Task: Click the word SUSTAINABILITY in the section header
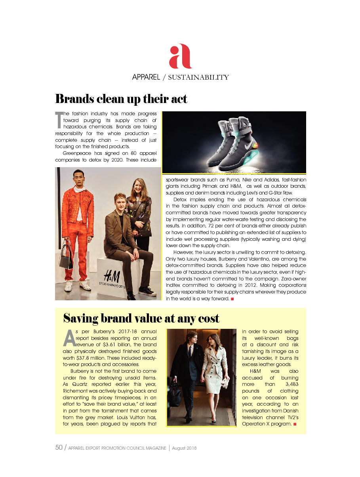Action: pos(198,78)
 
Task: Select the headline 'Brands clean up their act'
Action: pos(121,99)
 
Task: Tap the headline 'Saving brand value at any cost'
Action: pos(141,318)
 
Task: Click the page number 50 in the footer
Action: pos(59,448)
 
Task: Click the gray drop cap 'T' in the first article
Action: pos(59,120)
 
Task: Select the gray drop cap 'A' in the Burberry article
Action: pos(69,338)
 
